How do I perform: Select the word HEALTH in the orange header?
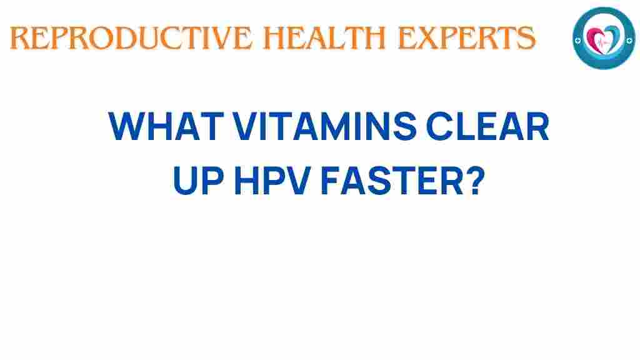coord(324,38)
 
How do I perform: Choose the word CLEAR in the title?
coord(487,126)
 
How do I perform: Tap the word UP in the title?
coord(199,180)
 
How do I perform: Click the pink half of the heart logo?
coord(596,39)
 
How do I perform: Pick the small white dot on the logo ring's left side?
coord(577,41)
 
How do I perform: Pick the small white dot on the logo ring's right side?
coord(629,41)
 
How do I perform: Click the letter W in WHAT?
coord(126,126)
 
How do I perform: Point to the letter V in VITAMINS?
coord(247,126)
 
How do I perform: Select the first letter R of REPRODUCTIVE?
coord(20,38)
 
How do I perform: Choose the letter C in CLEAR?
coord(439,126)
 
